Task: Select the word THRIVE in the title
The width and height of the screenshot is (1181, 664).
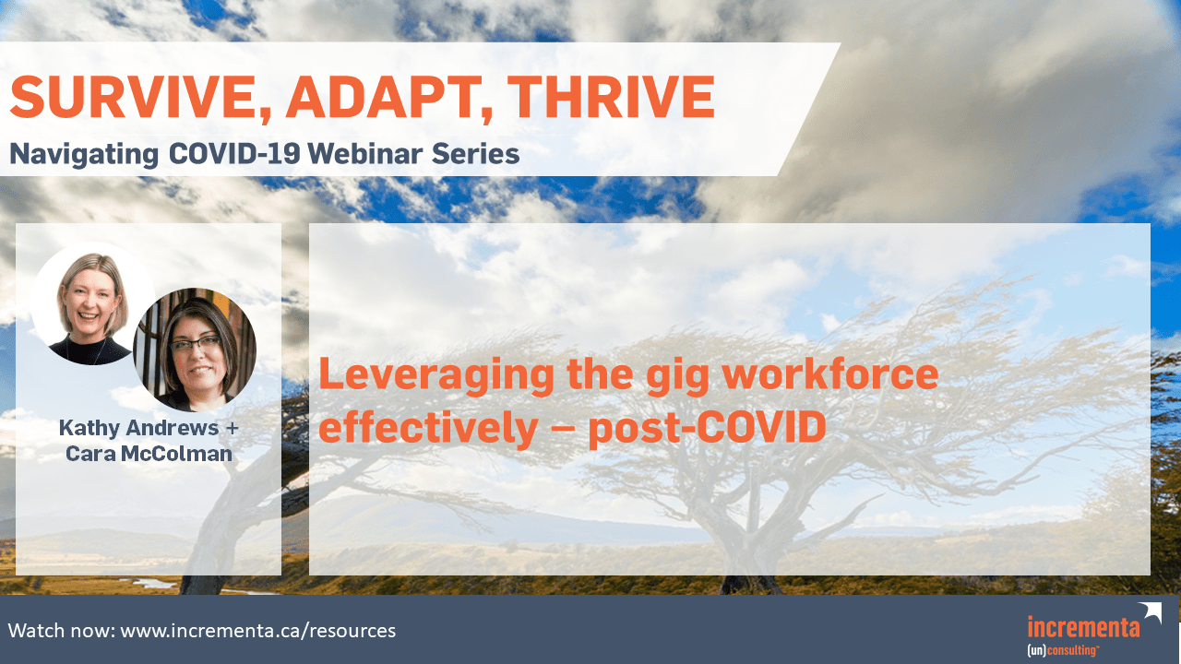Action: (x=611, y=97)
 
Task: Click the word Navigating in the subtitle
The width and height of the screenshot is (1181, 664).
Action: (x=84, y=155)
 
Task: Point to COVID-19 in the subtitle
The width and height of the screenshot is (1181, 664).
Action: (x=234, y=153)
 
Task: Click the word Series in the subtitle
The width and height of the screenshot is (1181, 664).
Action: (x=475, y=153)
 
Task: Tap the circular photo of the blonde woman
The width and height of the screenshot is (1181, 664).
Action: (x=91, y=304)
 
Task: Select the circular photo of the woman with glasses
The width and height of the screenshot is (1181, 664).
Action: (x=195, y=350)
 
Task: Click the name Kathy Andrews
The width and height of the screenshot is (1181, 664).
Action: (x=138, y=427)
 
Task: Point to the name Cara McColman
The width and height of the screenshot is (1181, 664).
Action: (x=149, y=454)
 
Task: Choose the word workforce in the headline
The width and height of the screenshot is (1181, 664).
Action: (x=829, y=373)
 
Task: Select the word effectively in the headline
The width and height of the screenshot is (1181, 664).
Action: (x=428, y=429)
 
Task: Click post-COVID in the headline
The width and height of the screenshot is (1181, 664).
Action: (x=707, y=429)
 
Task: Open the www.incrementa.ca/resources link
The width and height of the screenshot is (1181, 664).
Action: (x=257, y=631)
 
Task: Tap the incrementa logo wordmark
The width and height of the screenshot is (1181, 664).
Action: (x=1083, y=627)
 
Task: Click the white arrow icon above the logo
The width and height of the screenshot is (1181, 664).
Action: (x=1151, y=613)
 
